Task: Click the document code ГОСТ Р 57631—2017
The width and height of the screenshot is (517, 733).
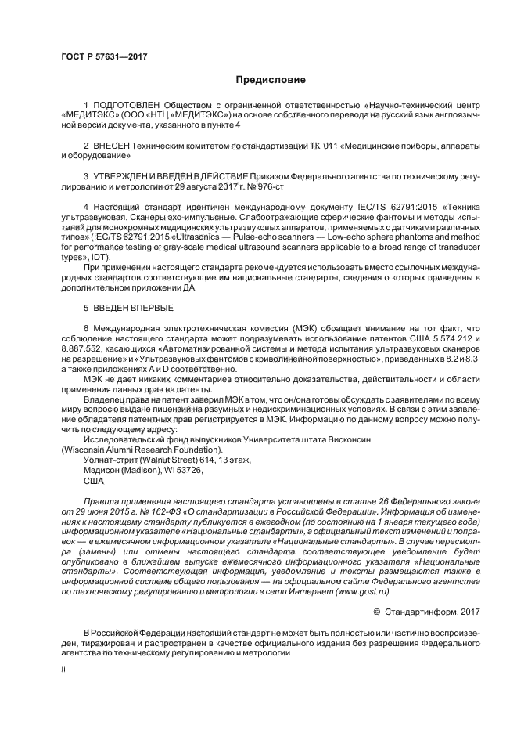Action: point(103,57)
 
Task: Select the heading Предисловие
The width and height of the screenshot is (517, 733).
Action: point(269,80)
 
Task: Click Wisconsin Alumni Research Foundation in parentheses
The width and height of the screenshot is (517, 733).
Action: point(142,450)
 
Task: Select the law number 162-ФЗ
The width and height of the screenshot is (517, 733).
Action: point(154,511)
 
